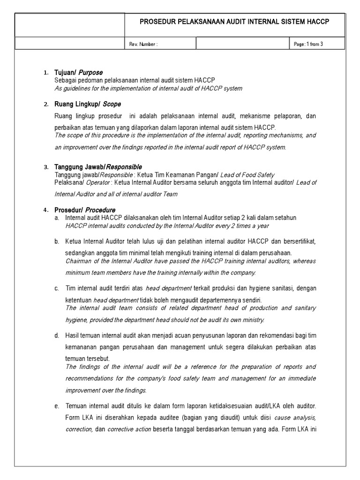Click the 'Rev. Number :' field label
pos(143,44)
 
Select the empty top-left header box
pos(70,25)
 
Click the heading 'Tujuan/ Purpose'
pos(78,73)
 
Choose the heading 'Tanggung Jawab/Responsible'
pos(98,167)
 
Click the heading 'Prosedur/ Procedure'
pos(85,210)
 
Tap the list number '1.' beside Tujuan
pos(45,73)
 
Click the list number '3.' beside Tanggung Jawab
pos(45,167)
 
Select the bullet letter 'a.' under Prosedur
pos(56,218)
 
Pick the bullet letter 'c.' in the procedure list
pos(56,288)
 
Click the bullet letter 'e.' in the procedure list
pos(56,405)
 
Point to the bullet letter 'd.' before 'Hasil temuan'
pos(56,336)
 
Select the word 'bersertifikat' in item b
pos(300,241)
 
